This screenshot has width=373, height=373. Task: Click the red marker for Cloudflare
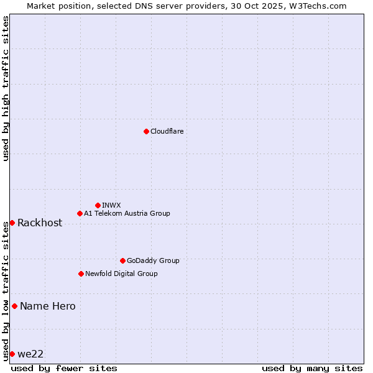pyautogui.click(x=146, y=131)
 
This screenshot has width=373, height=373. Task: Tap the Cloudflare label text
pyautogui.click(x=167, y=131)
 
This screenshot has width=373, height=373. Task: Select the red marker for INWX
pyautogui.click(x=98, y=205)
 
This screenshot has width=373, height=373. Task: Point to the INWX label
pyautogui.click(x=111, y=205)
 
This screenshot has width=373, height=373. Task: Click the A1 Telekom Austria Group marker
pyautogui.click(x=80, y=213)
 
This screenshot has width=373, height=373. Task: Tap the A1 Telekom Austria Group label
pyautogui.click(x=127, y=213)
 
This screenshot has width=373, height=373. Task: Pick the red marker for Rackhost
pyautogui.click(x=12, y=223)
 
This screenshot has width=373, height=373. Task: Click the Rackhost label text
pyautogui.click(x=40, y=223)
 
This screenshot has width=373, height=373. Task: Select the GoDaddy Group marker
pyautogui.click(x=122, y=260)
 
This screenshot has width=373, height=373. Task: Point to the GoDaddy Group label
pyautogui.click(x=153, y=260)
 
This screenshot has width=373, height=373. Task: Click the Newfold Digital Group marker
pyautogui.click(x=81, y=274)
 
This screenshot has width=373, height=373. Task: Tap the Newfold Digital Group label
pyautogui.click(x=121, y=274)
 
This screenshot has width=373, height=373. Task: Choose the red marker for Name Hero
pyautogui.click(x=14, y=306)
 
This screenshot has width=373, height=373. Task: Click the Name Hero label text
pyautogui.click(x=48, y=306)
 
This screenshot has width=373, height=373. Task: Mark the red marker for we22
pyautogui.click(x=12, y=354)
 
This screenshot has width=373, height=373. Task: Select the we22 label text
pyautogui.click(x=30, y=354)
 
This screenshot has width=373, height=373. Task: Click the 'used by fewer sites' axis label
pyautogui.click(x=64, y=368)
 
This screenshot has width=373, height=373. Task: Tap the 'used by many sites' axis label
pyautogui.click(x=312, y=368)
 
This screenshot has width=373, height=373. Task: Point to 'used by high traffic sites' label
pyautogui.click(x=6, y=88)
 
